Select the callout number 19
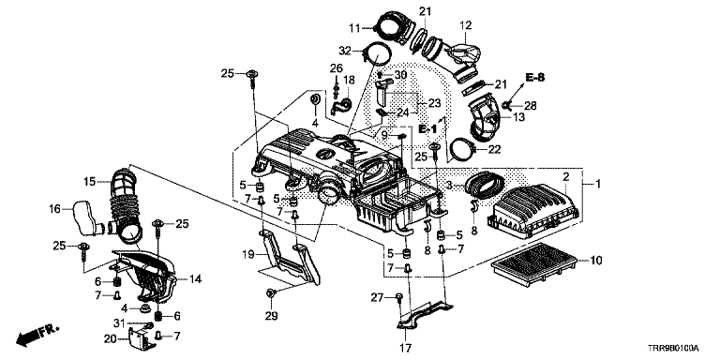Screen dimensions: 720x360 (248, 253)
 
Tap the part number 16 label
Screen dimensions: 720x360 (55, 209)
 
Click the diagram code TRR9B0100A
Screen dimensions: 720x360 (676, 349)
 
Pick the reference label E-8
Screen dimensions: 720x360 (535, 78)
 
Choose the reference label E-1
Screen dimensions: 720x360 (427, 129)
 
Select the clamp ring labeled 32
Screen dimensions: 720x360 (376, 56)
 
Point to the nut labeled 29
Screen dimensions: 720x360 (271, 292)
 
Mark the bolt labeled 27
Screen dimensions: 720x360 (399, 298)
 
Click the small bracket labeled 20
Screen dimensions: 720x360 (142, 337)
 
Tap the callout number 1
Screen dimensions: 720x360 (598, 184)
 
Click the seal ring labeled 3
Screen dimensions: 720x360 (485, 185)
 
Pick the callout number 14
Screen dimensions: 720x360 (195, 278)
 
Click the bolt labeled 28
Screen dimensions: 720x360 (507, 106)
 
